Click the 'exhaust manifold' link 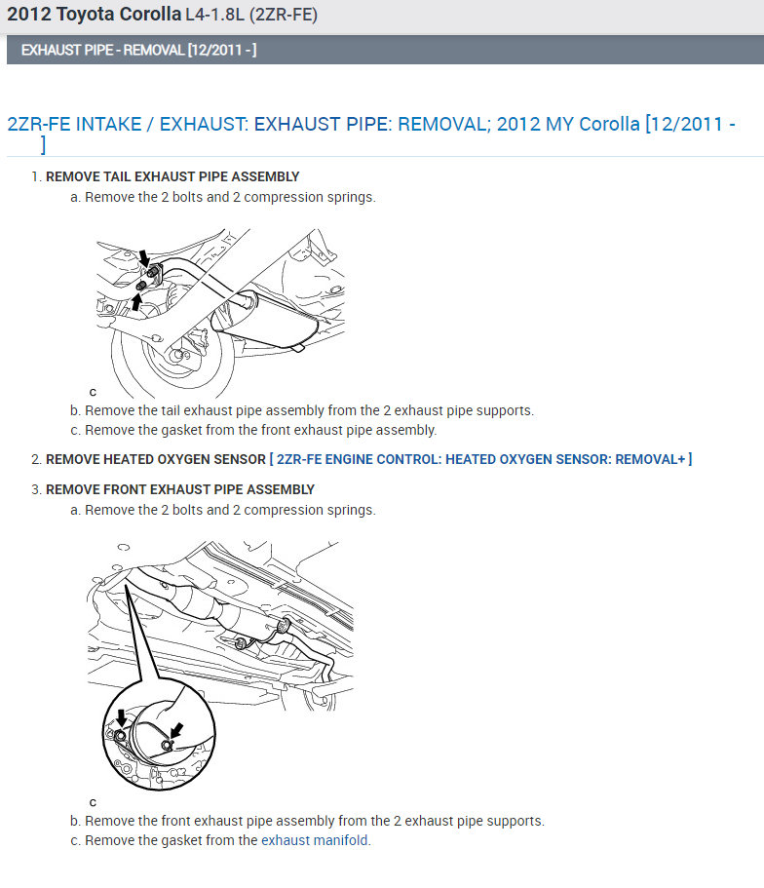(316, 840)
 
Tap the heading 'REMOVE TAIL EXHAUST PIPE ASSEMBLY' (172, 176)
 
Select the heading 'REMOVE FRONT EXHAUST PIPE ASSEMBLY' (180, 489)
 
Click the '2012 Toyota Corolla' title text (94, 15)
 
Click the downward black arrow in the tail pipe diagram (145, 258)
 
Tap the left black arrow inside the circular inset (121, 717)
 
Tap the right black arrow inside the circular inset (177, 730)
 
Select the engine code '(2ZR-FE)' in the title (283, 15)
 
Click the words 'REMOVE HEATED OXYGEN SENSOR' (155, 459)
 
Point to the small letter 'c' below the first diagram (93, 392)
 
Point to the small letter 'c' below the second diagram (93, 802)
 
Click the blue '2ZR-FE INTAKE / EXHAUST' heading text (127, 124)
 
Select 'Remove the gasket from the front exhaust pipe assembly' (260, 430)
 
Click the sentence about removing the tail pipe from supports (309, 410)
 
